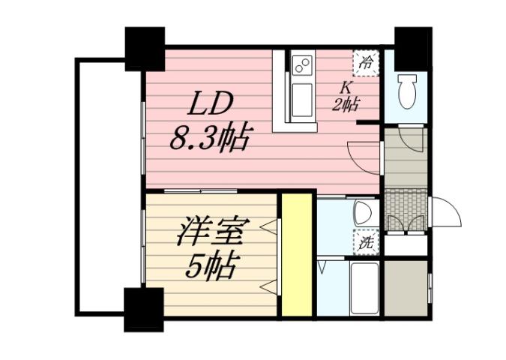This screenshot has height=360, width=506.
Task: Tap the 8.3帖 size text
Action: tap(211, 138)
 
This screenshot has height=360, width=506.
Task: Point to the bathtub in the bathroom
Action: tap(366, 289)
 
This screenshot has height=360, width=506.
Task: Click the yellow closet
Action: tap(296, 255)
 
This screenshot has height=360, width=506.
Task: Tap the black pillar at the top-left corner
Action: tap(145, 48)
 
